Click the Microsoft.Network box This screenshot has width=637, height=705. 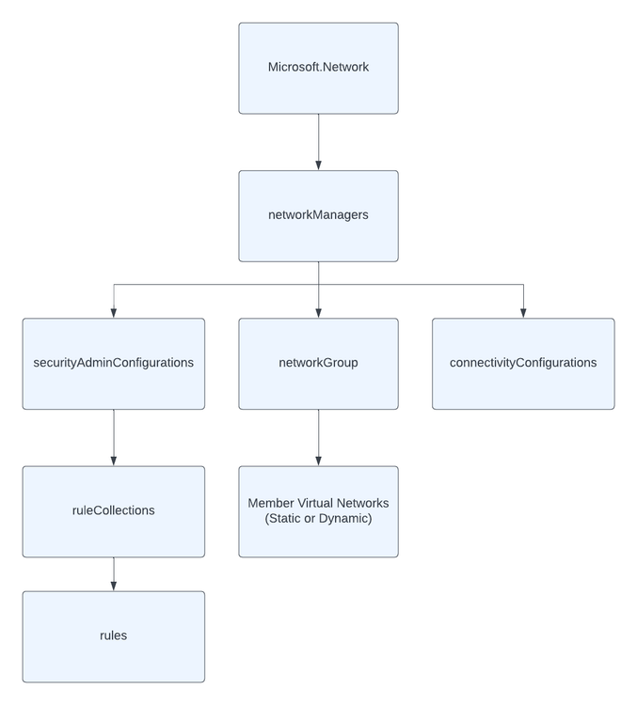(x=318, y=69)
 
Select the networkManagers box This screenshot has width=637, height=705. (x=318, y=216)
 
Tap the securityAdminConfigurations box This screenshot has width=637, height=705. (x=113, y=364)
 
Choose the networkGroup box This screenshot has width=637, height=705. (x=318, y=364)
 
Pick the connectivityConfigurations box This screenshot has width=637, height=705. (x=523, y=364)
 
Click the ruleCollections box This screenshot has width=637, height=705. (x=113, y=511)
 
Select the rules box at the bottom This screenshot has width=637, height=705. (x=113, y=636)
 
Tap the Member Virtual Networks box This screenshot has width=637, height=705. (x=318, y=511)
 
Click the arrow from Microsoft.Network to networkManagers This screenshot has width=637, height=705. (x=318, y=142)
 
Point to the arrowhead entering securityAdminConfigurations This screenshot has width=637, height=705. (x=114, y=313)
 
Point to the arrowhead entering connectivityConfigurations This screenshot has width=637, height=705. (x=523, y=313)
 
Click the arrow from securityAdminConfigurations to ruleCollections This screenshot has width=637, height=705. (x=114, y=437)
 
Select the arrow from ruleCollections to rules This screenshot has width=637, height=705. (x=114, y=573)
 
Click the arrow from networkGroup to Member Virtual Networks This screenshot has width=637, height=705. (x=318, y=437)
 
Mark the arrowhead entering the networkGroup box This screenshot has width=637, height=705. (x=318, y=313)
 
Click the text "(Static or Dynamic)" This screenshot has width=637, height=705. (x=318, y=519)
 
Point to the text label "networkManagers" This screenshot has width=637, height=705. (x=318, y=215)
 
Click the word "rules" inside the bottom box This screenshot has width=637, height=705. (x=113, y=635)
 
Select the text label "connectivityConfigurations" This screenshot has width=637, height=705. (x=523, y=363)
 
